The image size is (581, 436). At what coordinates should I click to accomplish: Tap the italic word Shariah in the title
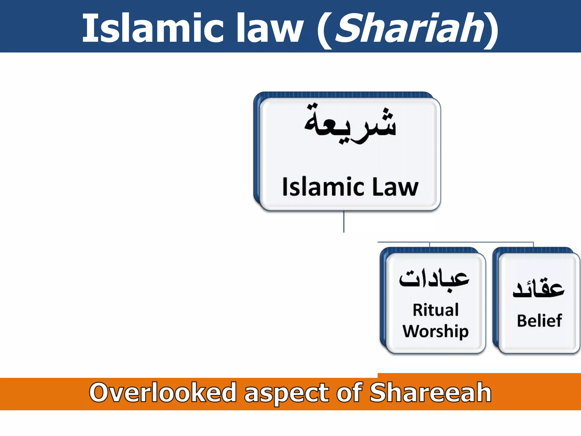tap(410, 28)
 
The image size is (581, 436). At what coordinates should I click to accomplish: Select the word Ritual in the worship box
tap(435, 310)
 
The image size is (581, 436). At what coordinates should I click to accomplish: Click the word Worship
tap(435, 331)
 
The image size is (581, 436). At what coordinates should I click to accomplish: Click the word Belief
tap(539, 321)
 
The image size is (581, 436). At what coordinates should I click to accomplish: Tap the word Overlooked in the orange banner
tap(163, 393)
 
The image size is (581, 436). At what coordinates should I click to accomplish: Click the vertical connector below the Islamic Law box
tap(344, 221)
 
